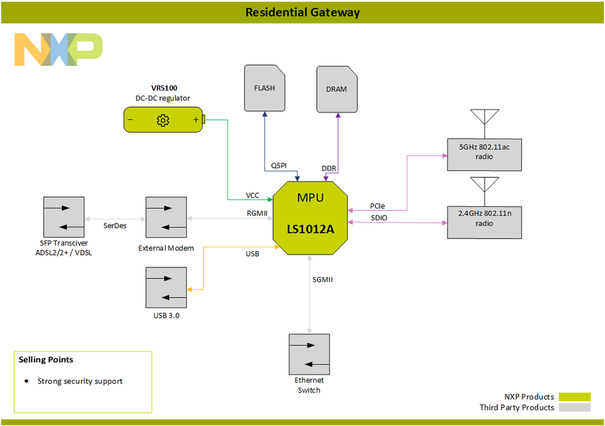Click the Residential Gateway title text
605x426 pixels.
[302, 12]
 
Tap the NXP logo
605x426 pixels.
[58, 50]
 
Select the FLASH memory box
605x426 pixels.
[264, 88]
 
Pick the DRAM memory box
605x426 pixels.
[337, 90]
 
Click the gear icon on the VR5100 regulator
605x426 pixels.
[163, 120]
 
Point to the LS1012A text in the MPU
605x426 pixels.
[311, 229]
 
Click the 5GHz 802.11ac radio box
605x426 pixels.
[484, 152]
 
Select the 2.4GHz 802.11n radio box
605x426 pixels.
[484, 219]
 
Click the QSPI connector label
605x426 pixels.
[279, 165]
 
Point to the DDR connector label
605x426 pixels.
[329, 168]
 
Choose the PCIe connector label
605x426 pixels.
[377, 206]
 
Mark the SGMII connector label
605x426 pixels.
[323, 280]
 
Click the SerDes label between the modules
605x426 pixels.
[114, 225]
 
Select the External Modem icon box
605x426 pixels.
[166, 218]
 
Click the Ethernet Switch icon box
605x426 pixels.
[309, 355]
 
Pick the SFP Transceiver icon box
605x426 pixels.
[64, 218]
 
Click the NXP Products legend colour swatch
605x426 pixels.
[574, 397]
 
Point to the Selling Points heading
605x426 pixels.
[46, 359]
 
